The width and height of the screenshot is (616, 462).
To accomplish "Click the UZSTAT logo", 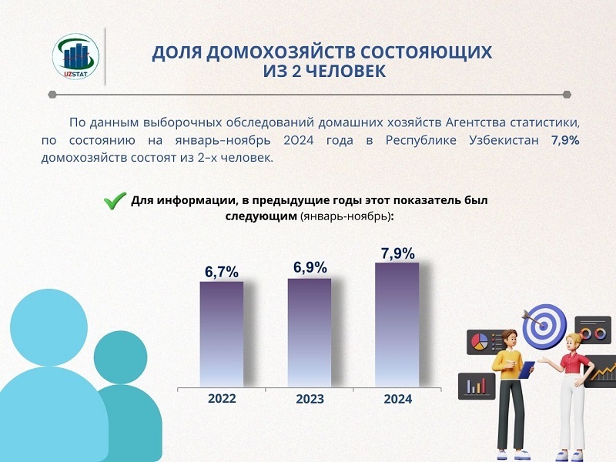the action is (x=75, y=56).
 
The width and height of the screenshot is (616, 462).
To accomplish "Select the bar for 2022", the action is (x=222, y=334).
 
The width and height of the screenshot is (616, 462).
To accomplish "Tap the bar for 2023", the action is (x=310, y=333).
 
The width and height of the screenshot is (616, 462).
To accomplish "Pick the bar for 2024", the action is (x=397, y=325).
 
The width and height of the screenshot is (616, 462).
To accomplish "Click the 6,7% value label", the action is (x=222, y=272).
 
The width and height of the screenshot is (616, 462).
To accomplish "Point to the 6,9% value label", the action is (x=310, y=267).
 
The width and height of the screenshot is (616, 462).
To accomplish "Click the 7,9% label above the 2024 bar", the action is (x=397, y=254).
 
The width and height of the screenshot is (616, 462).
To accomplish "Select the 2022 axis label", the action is (x=222, y=398).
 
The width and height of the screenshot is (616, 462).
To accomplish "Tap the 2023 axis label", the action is (x=310, y=399).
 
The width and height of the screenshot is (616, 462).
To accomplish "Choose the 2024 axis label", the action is (x=398, y=399).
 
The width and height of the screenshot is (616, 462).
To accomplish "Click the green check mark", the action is (x=115, y=200).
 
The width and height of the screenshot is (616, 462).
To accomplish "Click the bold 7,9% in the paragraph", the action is (x=565, y=140).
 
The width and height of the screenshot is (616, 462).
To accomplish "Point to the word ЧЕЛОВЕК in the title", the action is (x=345, y=72).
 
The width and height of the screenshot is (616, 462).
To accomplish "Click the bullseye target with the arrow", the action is (x=544, y=326).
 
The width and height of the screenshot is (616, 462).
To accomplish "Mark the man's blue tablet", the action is (x=527, y=370).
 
